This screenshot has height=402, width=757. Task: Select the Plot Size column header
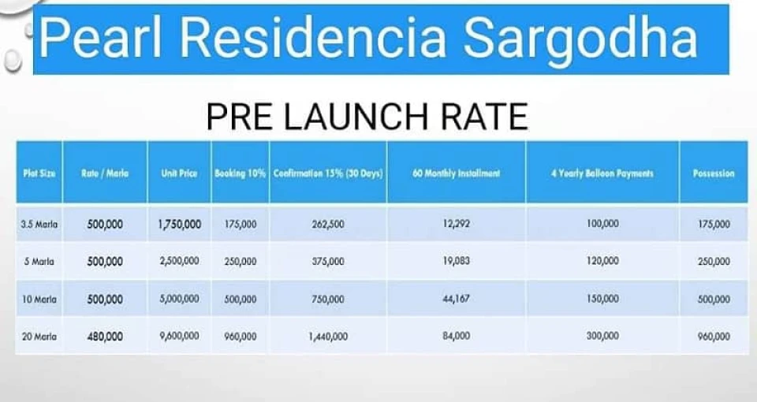coord(39,173)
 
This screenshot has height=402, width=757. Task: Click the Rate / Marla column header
coord(105,173)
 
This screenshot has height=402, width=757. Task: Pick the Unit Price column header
coord(179,173)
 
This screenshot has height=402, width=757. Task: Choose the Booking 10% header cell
coord(240,173)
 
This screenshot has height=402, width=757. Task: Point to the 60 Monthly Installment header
coord(457,173)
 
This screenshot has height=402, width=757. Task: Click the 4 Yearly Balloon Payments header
coord(602,173)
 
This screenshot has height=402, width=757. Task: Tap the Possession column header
coord(714,173)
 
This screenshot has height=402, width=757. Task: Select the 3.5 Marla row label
coord(39,224)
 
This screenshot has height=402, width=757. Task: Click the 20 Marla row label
coord(39,337)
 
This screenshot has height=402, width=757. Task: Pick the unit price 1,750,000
coord(180,224)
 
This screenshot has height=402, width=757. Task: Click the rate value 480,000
coord(105,337)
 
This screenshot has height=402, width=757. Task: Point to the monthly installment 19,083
coord(457,261)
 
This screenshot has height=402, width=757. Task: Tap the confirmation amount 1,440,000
coord(328,337)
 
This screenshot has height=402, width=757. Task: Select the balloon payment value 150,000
coord(602,299)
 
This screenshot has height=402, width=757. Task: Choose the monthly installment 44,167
coord(457,299)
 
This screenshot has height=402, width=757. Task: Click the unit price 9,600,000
coord(180,336)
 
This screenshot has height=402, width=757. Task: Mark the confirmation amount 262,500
coord(328,224)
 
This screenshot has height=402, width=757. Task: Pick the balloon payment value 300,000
coord(602,336)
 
